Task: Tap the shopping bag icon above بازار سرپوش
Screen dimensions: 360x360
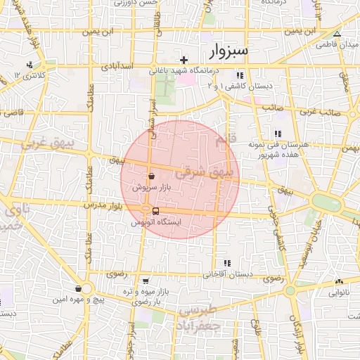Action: (151, 178)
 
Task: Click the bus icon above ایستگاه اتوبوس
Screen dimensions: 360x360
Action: (155, 211)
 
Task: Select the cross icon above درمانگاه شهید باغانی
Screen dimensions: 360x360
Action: (184, 60)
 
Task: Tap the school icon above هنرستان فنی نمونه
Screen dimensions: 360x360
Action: (278, 134)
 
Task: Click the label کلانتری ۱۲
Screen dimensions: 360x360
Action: (30, 75)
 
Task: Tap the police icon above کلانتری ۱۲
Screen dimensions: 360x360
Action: (30, 65)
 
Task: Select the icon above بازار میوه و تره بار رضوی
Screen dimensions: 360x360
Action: (146, 281)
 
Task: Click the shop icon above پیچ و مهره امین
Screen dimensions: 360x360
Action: (77, 289)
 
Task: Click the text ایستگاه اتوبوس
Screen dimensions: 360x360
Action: (156, 221)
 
